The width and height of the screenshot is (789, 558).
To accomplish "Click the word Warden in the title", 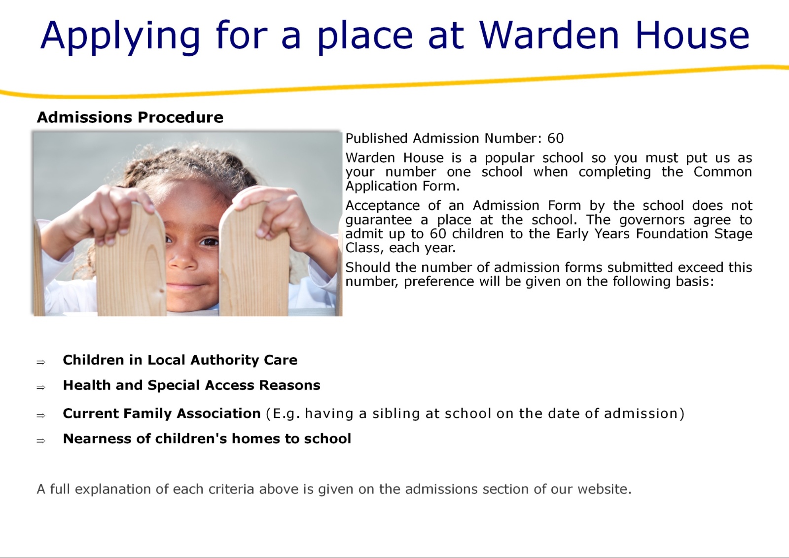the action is (549, 35).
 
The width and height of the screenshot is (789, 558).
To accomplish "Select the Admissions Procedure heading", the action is (130, 117).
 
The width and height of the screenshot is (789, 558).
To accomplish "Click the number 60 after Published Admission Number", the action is (555, 138).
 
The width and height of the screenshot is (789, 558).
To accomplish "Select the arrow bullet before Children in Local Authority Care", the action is (41, 362).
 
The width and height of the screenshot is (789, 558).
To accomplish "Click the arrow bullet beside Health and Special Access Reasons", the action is (41, 387).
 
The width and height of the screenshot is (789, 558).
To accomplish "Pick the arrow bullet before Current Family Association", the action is (41, 415).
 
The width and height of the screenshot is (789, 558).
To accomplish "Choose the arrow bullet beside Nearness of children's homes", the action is (41, 441).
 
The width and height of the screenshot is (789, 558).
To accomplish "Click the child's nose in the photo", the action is (183, 262).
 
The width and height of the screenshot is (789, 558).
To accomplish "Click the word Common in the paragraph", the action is (723, 172).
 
